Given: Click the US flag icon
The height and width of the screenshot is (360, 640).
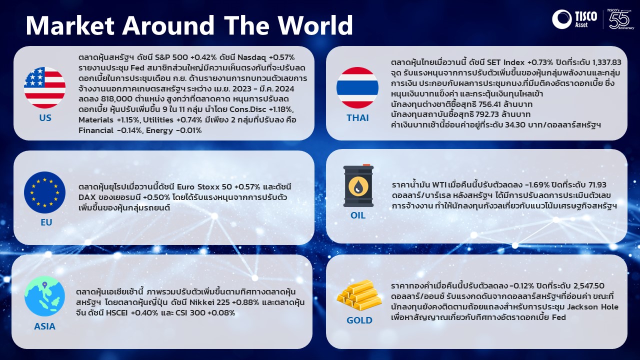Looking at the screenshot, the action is pyautogui.click(x=44, y=87).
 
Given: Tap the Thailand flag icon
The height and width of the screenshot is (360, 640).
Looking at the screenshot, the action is pyautogui.click(x=357, y=87).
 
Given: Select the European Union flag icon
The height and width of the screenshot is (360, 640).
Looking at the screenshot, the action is pyautogui.click(x=44, y=192).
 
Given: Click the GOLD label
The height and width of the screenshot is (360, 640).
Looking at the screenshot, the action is pyautogui.click(x=359, y=320).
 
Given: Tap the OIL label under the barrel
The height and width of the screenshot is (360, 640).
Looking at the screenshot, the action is pyautogui.click(x=358, y=215).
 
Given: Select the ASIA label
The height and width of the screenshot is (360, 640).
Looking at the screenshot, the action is pyautogui.click(x=44, y=326).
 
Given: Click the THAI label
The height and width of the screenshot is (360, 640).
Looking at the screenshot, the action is pyautogui.click(x=357, y=117).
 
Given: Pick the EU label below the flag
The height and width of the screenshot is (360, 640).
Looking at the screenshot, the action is pyautogui.click(x=46, y=222).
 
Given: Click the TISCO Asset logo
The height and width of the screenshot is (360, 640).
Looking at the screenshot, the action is pyautogui.click(x=574, y=19).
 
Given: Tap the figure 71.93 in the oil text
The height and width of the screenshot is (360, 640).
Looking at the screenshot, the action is pyautogui.click(x=597, y=185).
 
